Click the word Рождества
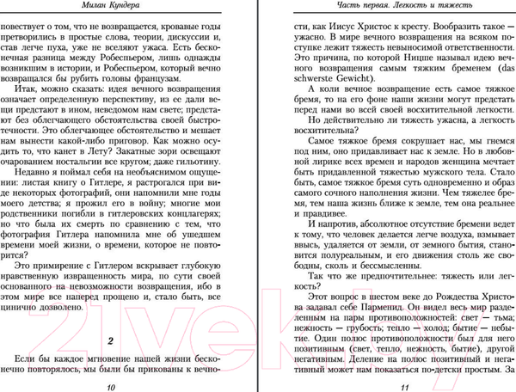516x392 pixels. (x=437, y=273)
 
